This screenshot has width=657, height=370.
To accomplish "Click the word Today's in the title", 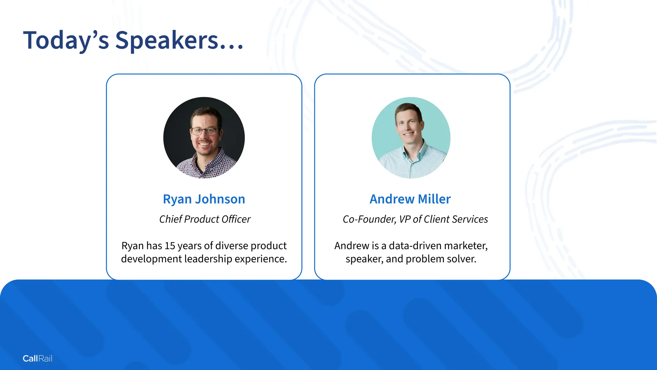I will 66,40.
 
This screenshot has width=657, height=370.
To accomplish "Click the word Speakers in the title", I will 167,40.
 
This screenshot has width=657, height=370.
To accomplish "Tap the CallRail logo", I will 38,358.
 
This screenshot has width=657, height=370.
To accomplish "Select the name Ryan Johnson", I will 204,199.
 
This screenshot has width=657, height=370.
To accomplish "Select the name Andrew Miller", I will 410,199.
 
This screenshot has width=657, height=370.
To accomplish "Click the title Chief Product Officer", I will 205,219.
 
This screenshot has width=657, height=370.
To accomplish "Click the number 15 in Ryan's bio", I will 170,246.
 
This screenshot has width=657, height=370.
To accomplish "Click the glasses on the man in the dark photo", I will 204,131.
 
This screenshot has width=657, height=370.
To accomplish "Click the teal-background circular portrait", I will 411,137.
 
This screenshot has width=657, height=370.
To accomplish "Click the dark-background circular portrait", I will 204,137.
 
